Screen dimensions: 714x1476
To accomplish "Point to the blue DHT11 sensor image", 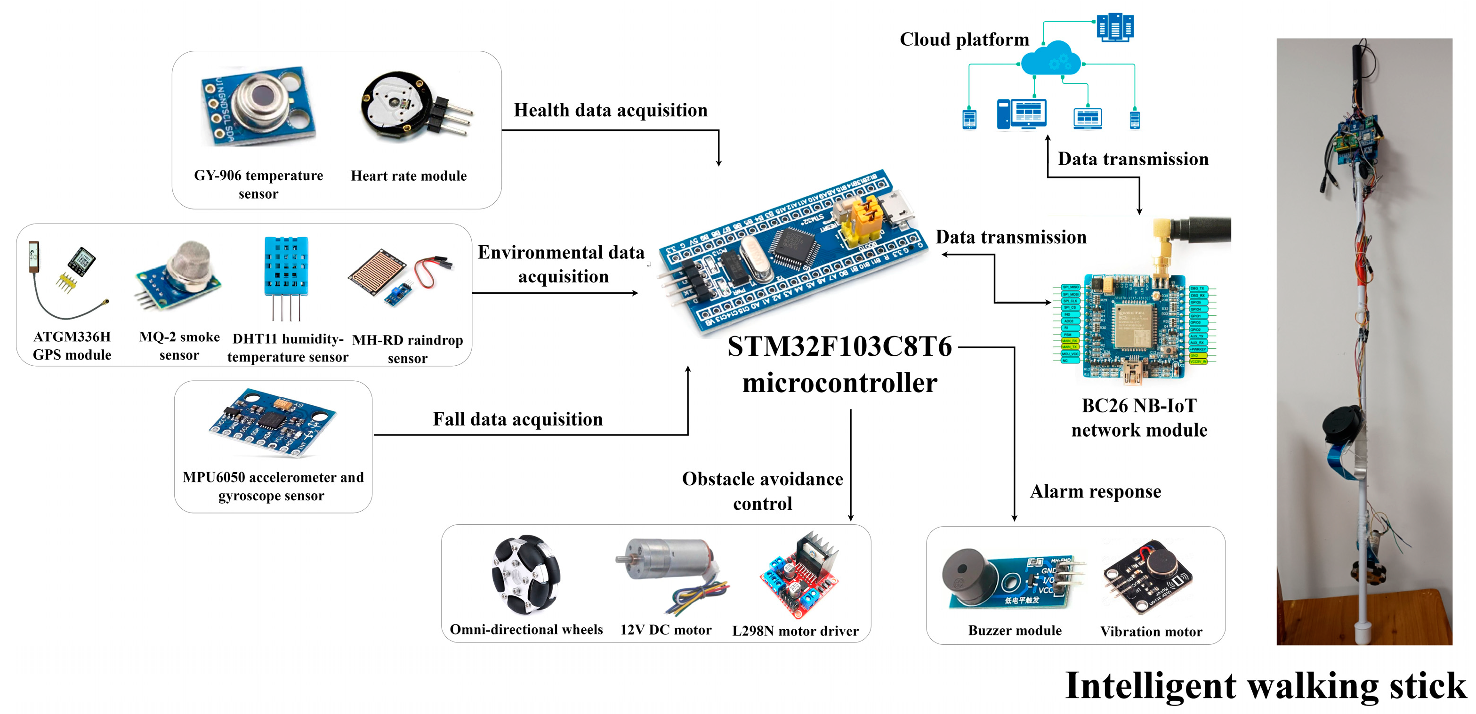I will click(x=286, y=266).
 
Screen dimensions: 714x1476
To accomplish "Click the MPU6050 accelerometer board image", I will click(x=272, y=422).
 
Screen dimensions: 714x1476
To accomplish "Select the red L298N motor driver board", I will click(x=799, y=576).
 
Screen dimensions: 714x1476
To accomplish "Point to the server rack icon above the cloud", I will click(x=1114, y=27).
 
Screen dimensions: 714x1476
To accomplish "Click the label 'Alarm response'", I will click(x=1095, y=491).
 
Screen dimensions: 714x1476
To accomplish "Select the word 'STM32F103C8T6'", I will click(x=839, y=347).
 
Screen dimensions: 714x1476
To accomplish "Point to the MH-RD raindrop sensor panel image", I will click(x=378, y=272).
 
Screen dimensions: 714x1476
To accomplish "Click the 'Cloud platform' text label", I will click(x=964, y=40).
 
